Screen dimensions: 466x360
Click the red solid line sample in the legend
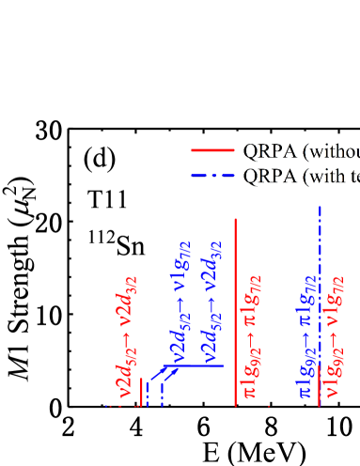pyautogui.click(x=212, y=150)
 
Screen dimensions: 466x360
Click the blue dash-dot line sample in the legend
pyautogui.click(x=212, y=176)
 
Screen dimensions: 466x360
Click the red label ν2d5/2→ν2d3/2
pyautogui.click(x=126, y=334)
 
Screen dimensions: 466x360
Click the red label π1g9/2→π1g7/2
pyautogui.click(x=254, y=335)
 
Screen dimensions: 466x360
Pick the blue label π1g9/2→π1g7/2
pyautogui.click(x=306, y=335)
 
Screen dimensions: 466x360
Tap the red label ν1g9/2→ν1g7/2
pyautogui.click(x=331, y=344)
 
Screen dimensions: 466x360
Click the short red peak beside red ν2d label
pyautogui.click(x=141, y=393)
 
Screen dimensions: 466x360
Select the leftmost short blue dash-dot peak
pyautogui.click(x=148, y=395)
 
